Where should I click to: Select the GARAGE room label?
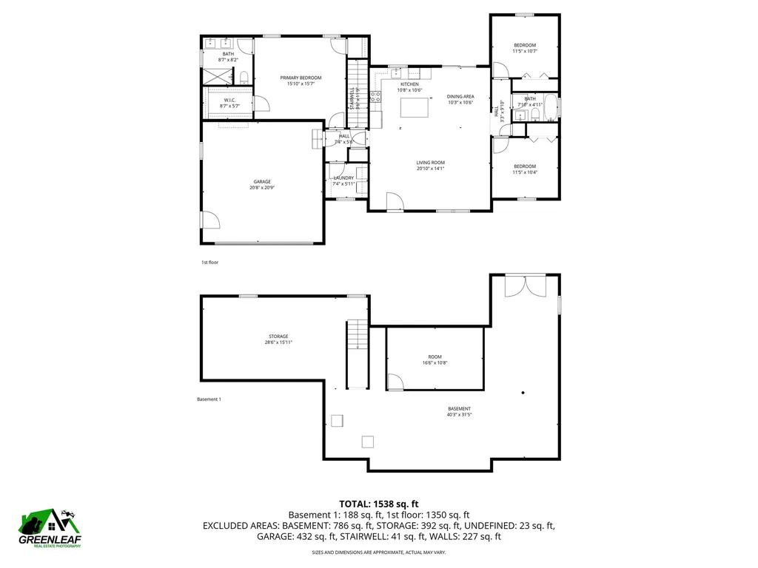coord(262,182)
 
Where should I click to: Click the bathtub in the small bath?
coord(551,106)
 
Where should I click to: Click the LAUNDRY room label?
coord(343,178)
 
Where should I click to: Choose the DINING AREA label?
coord(460,97)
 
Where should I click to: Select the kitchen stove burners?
coord(375,97)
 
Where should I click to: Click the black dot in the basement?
coord(523,393)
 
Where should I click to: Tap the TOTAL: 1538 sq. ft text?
coord(379,503)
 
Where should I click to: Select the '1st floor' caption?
coord(209,263)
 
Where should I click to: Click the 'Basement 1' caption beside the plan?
coord(209,399)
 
